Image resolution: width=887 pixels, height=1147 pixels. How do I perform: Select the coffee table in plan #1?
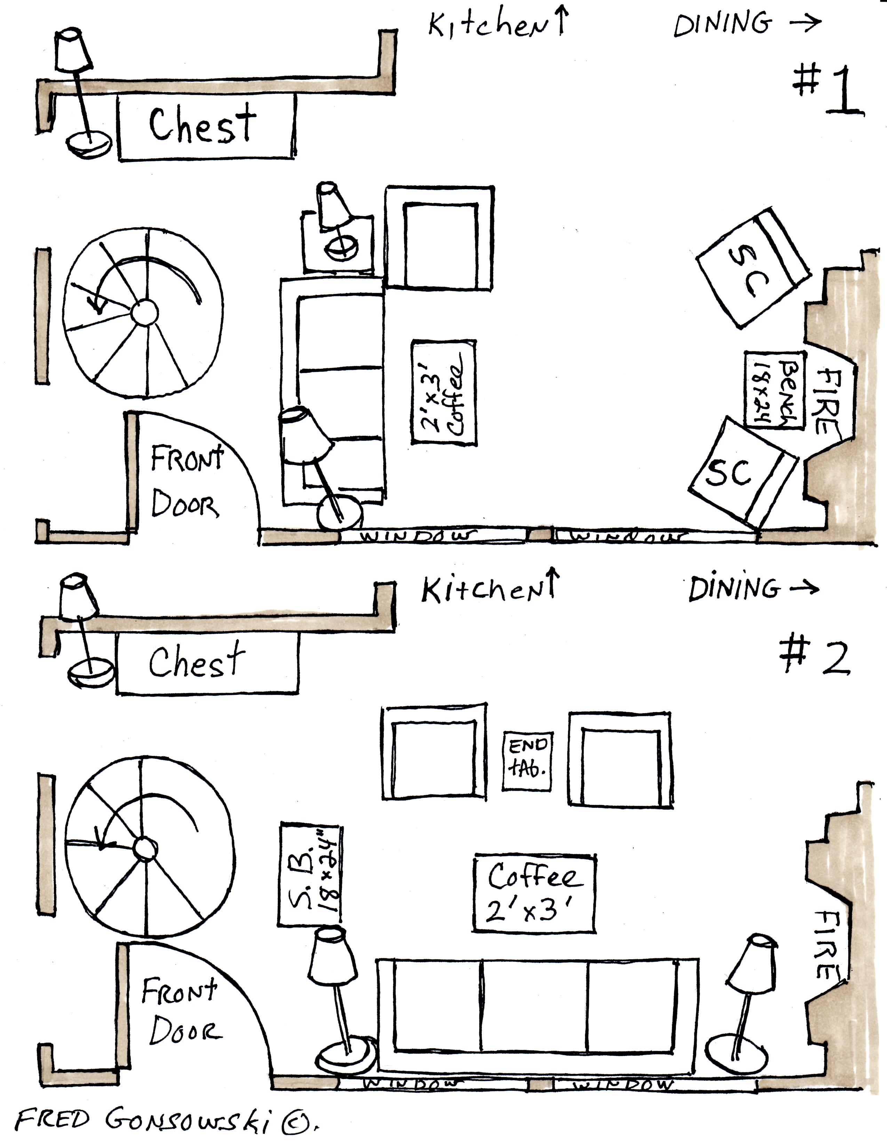(x=444, y=393)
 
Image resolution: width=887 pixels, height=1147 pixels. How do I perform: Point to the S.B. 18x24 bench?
(x=310, y=875)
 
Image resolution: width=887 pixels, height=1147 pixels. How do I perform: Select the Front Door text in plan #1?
(x=186, y=482)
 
